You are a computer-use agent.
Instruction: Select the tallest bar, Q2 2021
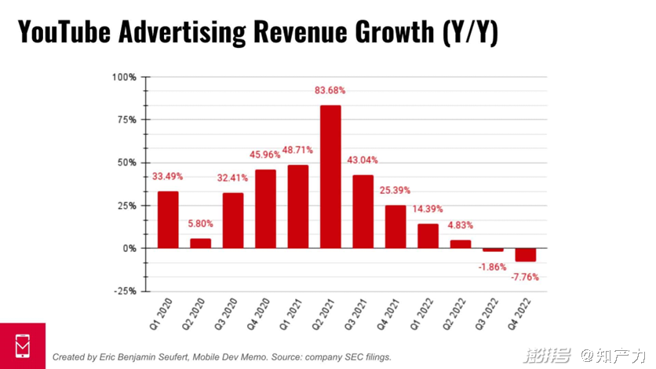point(330,177)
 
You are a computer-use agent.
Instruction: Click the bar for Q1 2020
point(168,220)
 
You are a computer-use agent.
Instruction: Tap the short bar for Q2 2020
point(200,243)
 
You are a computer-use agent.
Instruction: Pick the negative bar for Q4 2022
point(526,255)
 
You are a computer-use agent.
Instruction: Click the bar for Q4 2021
point(395,227)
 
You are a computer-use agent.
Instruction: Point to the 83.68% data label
point(330,90)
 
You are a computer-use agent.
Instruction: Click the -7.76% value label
point(525,276)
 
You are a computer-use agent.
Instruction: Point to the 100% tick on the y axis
point(124,77)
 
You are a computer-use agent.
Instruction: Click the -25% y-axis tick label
point(124,291)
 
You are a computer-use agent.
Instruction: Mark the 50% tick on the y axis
point(126,163)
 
